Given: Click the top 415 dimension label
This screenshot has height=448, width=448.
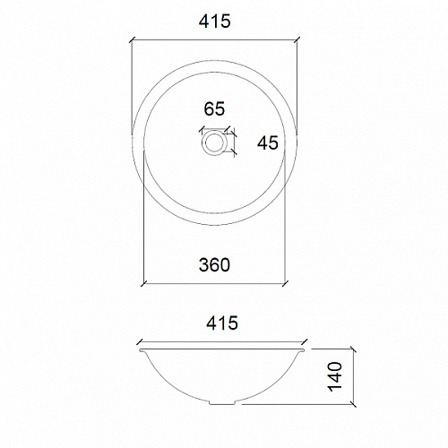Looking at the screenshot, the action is [x=215, y=22].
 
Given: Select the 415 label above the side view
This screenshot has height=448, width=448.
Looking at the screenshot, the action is [x=222, y=323].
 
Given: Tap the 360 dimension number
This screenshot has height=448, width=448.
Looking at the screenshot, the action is [x=214, y=264].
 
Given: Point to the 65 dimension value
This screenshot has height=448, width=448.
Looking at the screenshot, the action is [x=214, y=108].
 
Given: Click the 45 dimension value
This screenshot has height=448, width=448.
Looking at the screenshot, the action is [x=268, y=142].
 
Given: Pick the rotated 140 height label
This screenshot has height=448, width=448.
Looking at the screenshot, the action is [x=335, y=376].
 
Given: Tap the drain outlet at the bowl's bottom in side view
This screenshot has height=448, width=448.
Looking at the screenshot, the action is [x=222, y=402].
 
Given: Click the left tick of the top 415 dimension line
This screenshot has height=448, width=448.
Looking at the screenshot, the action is [x=133, y=40].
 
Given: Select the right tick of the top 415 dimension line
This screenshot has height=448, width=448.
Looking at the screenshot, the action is [x=297, y=40].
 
